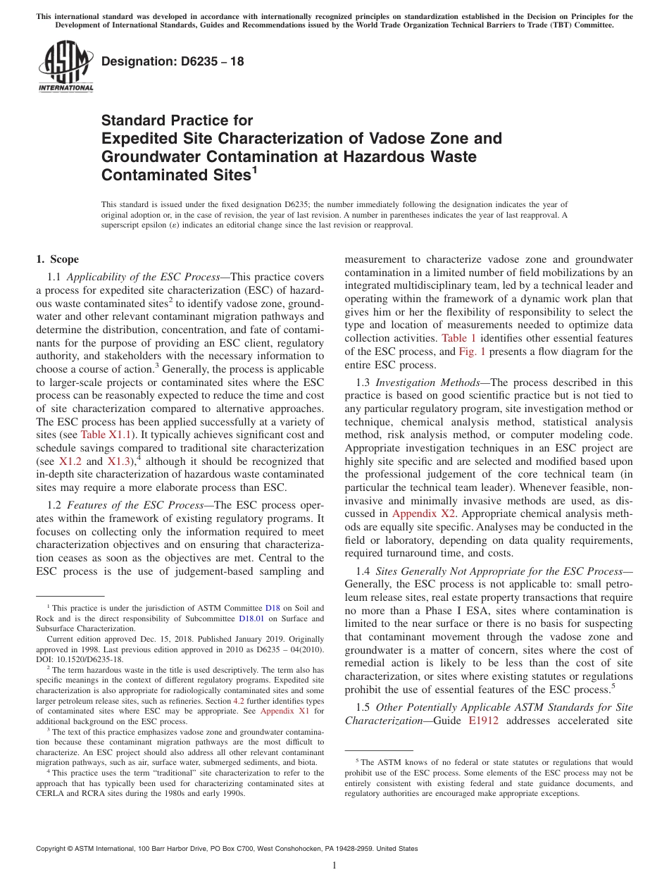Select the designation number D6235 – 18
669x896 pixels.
coord(173,62)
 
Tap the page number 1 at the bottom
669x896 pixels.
coord(334,866)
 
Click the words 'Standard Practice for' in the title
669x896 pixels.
coord(177,120)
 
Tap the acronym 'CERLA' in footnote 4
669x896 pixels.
coord(51,792)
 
